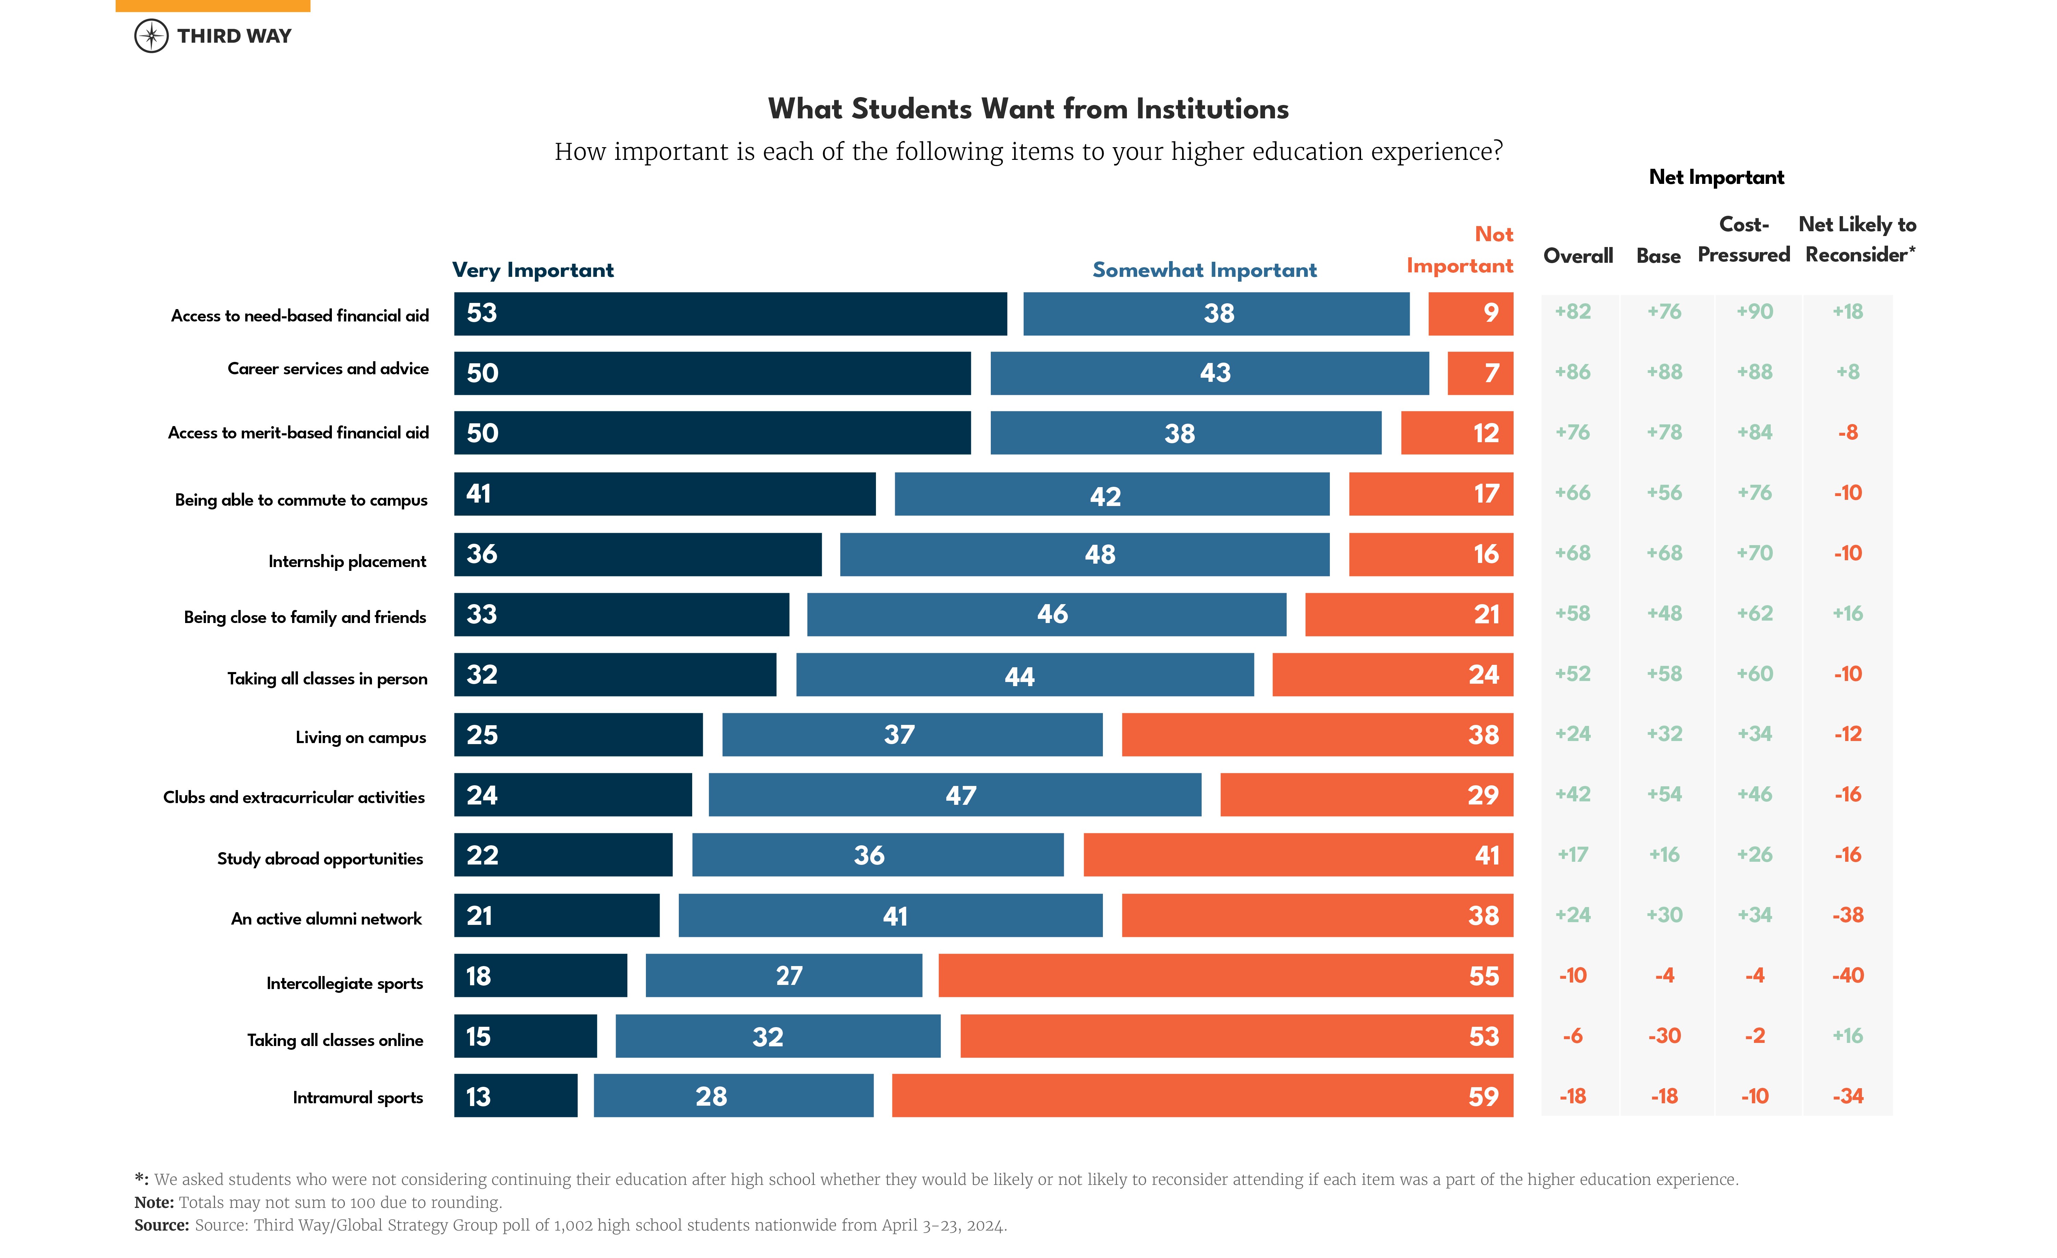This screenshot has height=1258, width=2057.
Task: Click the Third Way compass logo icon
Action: click(151, 36)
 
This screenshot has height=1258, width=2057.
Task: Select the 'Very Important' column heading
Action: click(533, 270)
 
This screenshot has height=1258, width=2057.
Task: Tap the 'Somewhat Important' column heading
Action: click(1204, 270)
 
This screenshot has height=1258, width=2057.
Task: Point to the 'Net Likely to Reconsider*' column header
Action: click(1858, 240)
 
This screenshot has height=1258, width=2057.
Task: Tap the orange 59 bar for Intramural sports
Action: click(1202, 1096)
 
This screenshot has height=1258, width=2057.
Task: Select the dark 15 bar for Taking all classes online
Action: click(525, 1037)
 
